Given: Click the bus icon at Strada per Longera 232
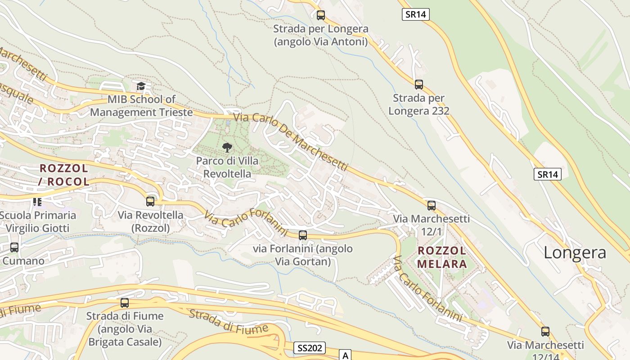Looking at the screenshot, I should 419,84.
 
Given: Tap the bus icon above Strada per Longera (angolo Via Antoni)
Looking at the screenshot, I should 321,15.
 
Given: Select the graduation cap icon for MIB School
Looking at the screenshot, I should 141,85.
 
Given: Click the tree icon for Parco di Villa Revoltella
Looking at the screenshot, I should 227,147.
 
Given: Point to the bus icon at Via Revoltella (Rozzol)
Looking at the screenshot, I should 150,201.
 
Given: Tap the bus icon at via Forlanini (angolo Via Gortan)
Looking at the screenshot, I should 303,235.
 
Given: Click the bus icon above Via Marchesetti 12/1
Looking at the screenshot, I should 432,206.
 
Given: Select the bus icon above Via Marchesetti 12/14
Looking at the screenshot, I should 545,332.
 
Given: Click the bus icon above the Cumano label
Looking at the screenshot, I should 14,247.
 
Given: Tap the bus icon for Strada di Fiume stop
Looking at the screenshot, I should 125,303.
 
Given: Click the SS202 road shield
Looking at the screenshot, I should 310,348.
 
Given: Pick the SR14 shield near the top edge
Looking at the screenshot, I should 415,14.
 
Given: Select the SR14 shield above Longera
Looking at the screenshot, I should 548,174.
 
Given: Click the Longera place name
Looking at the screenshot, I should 575,252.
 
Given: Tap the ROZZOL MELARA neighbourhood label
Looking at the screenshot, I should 442,257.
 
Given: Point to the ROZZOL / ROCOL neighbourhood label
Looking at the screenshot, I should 64,175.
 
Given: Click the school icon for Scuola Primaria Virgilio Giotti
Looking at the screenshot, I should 37,202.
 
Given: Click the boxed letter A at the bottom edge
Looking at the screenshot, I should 345,355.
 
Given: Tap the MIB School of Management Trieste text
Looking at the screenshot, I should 141,105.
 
